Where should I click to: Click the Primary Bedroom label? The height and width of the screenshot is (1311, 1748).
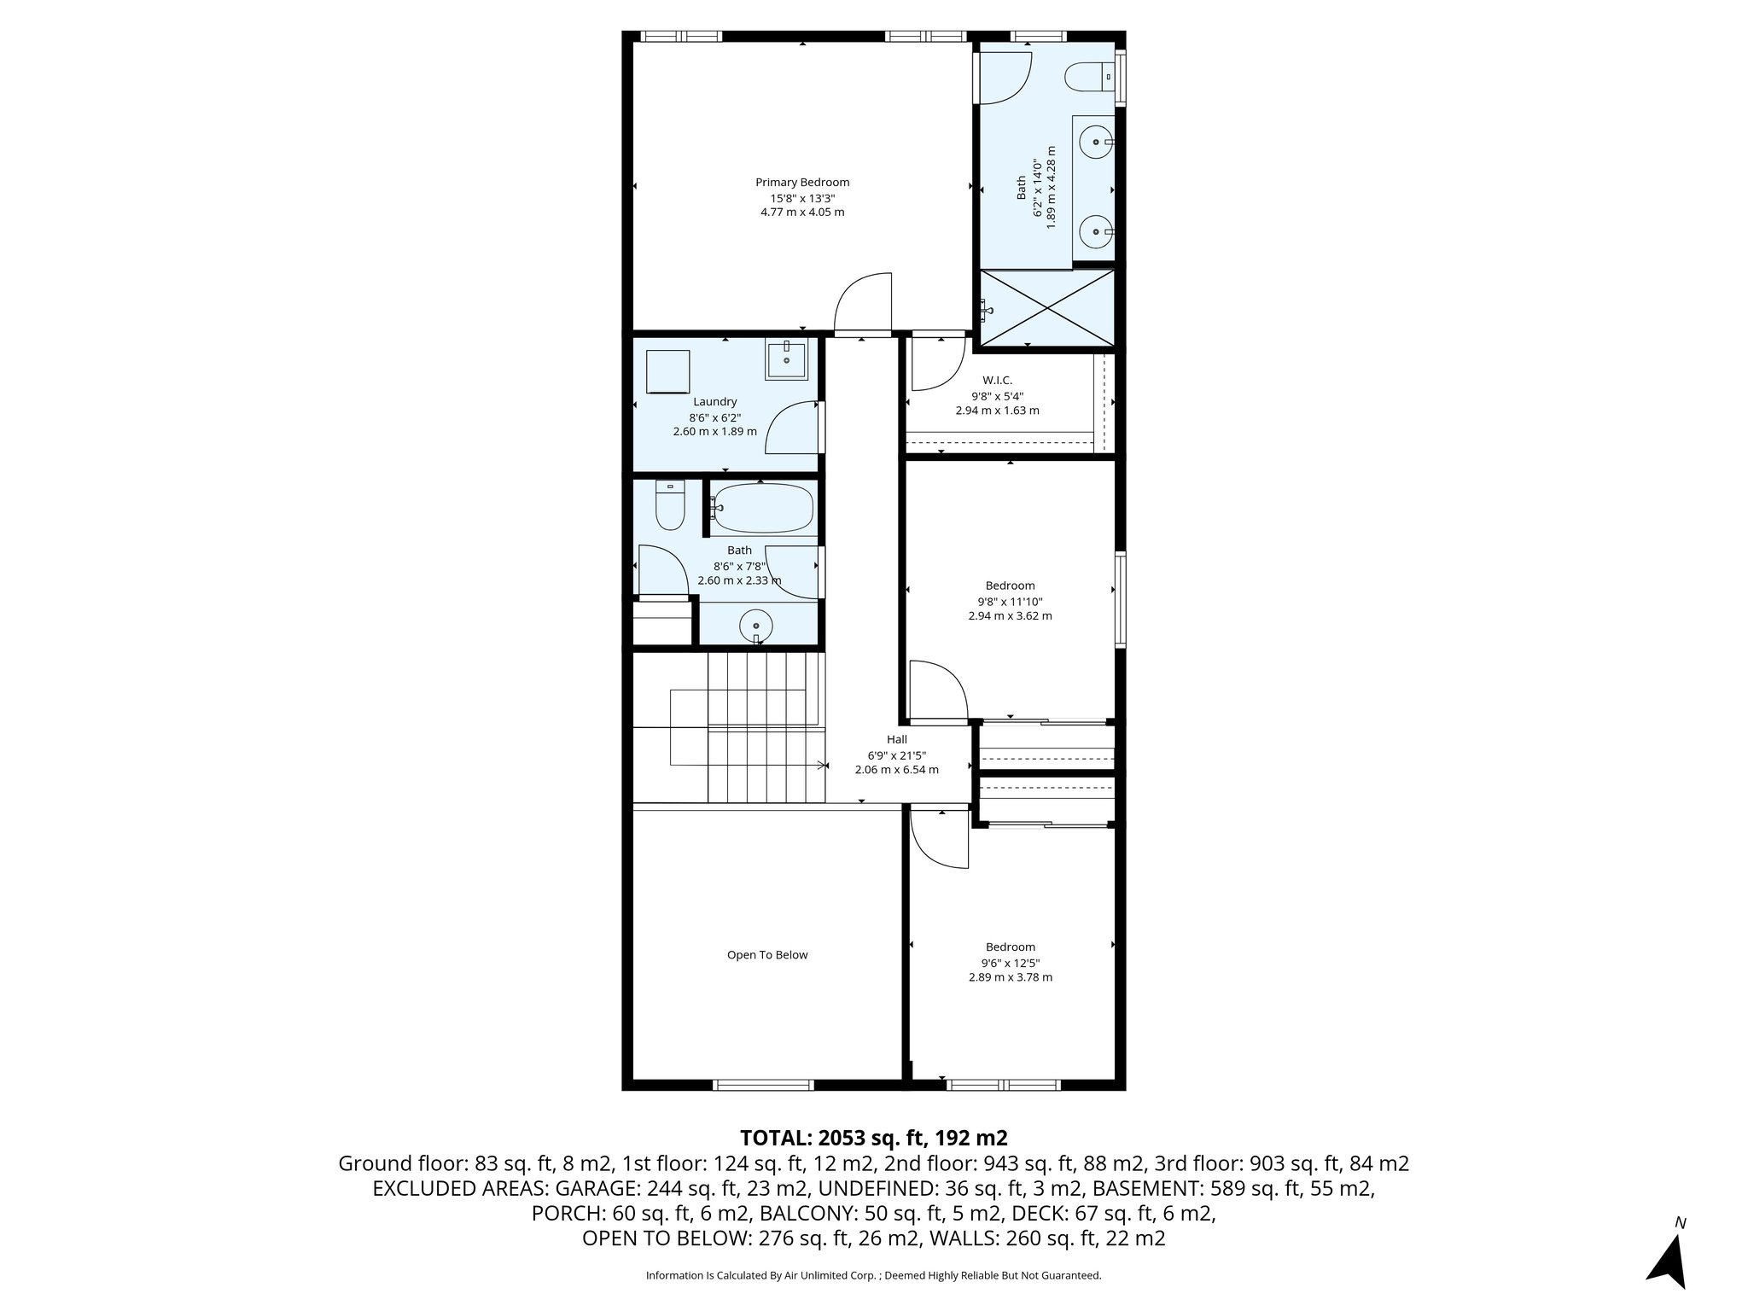802,182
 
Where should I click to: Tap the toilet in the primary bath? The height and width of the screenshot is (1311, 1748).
1087,77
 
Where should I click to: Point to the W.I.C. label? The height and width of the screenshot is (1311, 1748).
997,380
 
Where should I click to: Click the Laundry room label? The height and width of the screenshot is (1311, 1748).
714,402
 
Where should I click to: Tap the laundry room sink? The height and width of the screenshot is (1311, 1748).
786,360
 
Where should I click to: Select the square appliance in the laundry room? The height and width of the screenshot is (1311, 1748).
668,371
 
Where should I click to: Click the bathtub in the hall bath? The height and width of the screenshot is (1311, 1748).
763,508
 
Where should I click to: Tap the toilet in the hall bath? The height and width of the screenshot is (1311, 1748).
669,507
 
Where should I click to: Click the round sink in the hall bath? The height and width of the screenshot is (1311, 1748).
755,626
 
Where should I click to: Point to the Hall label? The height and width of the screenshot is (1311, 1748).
896,739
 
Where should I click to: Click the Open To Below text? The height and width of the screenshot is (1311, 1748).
766,955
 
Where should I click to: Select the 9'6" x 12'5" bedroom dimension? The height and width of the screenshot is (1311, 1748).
1011,962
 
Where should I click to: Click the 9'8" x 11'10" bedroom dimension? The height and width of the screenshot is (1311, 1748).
1011,601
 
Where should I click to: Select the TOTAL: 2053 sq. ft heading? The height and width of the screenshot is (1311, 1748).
873,1138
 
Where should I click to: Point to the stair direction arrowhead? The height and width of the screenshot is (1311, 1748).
824,766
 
